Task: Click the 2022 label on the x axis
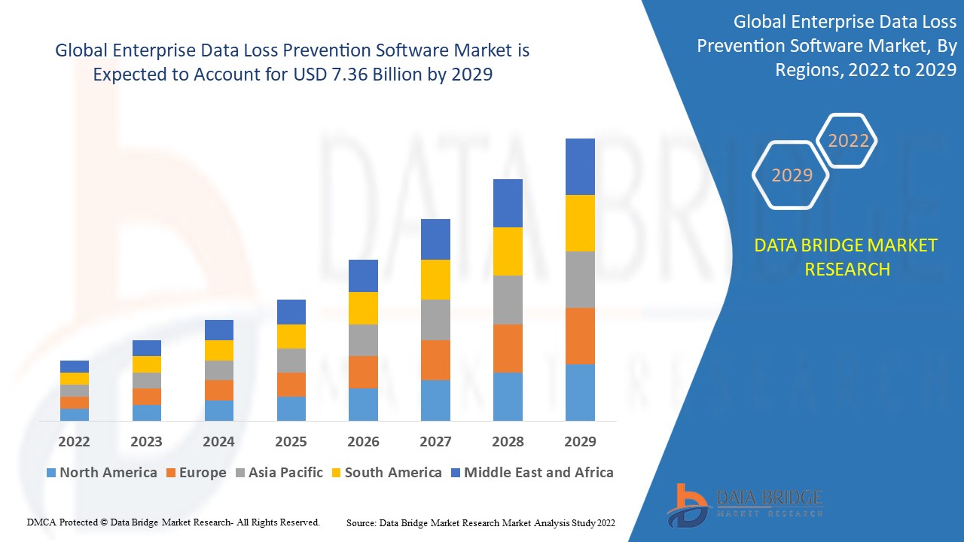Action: tap(74, 441)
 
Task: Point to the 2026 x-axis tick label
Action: tap(363, 441)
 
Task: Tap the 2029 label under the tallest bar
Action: tap(580, 441)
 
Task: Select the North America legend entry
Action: tap(102, 473)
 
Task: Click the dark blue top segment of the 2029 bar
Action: tap(580, 166)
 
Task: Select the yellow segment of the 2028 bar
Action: tap(508, 251)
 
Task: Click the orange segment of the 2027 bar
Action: tap(435, 360)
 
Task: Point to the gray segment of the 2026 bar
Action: tap(363, 340)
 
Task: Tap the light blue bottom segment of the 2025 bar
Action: tap(291, 408)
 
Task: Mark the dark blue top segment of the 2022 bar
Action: tap(74, 366)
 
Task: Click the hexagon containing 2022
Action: tap(848, 141)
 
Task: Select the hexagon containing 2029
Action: tap(792, 175)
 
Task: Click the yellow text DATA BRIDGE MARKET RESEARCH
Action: tap(847, 257)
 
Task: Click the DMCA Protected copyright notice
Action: tap(173, 522)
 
